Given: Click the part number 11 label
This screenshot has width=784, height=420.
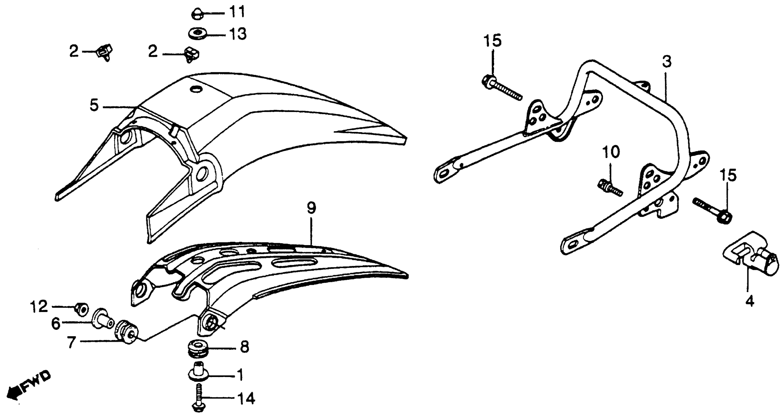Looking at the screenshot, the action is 237,12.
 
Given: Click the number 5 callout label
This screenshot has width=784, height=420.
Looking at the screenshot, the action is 94,105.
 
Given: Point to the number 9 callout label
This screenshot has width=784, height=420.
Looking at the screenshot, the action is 311,208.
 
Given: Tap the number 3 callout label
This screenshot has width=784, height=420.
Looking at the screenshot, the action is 666,62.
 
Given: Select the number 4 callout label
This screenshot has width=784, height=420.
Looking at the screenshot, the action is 750,301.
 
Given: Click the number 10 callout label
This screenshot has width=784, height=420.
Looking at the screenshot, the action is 610,152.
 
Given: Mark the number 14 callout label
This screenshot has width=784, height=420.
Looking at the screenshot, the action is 246,399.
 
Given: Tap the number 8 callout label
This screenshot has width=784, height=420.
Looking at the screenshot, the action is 244,347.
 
